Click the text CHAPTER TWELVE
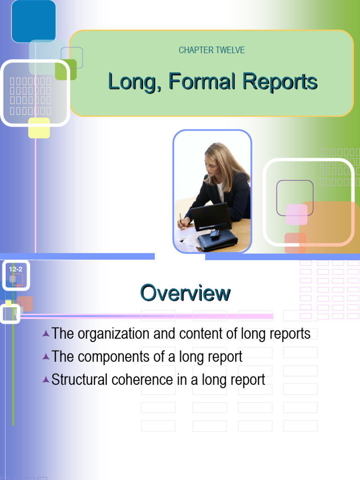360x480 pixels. [x=212, y=50]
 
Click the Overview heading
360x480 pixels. [x=185, y=293]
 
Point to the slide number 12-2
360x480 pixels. [x=15, y=269]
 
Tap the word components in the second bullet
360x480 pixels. [x=109, y=357]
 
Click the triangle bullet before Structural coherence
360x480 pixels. [x=45, y=379]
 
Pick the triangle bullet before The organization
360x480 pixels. [x=45, y=334]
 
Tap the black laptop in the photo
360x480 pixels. [x=211, y=217]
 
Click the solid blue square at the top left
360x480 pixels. [x=34, y=21]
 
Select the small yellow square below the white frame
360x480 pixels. [x=39, y=128]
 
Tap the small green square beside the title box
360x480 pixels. [x=66, y=70]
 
